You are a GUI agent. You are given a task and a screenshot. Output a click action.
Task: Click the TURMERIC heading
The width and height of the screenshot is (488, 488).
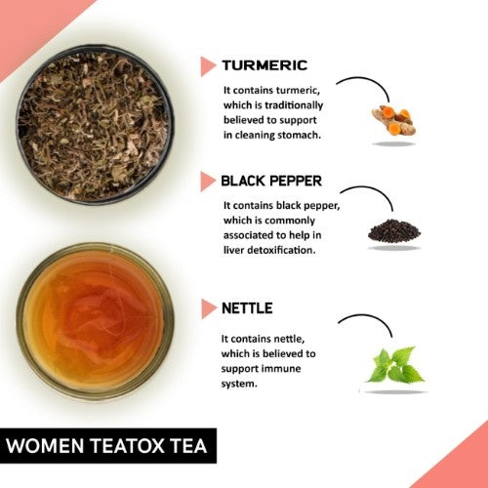coord(264,65)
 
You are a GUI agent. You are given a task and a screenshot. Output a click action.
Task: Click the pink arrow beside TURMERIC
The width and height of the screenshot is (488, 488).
coord(208,66)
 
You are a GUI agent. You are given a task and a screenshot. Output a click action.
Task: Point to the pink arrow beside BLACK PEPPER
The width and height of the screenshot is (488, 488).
coord(208,182)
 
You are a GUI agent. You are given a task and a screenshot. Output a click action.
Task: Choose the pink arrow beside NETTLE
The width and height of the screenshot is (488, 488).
coord(208,309)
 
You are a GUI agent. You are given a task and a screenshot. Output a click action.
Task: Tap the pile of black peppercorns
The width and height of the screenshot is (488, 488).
coord(394,231)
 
